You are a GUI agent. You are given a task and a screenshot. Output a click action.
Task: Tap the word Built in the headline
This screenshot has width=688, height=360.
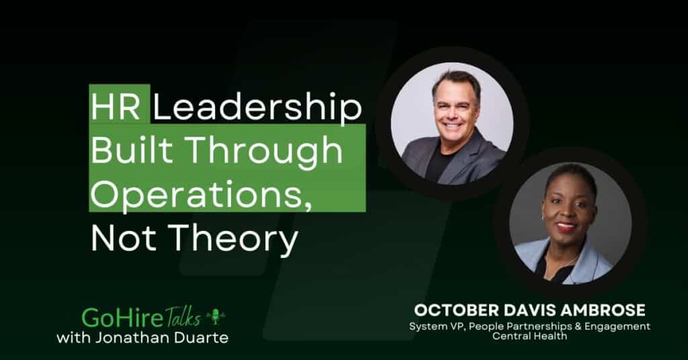[131, 152]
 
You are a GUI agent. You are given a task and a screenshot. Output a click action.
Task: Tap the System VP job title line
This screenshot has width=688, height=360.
[530, 326]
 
